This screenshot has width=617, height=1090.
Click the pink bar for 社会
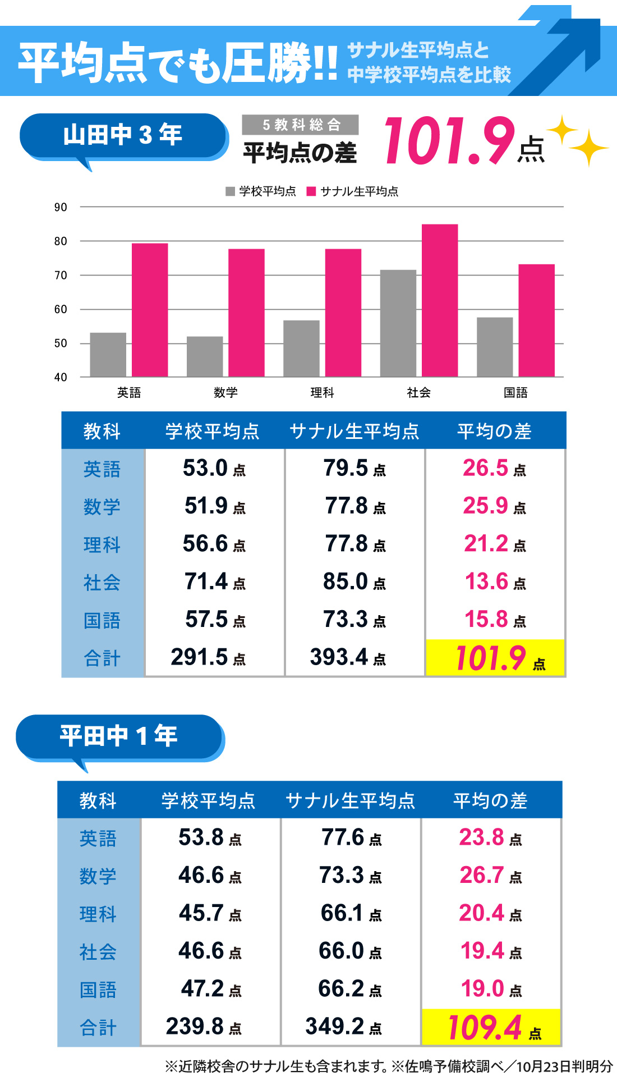point(440,300)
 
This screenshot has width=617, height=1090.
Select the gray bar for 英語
point(108,355)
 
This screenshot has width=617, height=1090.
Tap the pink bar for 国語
point(536,320)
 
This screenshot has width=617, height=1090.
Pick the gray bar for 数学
point(205,356)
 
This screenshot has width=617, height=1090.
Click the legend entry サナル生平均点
point(353,191)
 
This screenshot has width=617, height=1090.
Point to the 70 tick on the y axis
point(61,276)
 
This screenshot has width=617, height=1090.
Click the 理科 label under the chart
point(322,393)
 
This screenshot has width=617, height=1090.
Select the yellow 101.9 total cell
point(495,658)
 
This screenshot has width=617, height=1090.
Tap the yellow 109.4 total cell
point(491,1027)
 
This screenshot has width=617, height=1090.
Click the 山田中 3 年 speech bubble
point(123,136)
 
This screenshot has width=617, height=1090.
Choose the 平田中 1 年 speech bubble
point(119,736)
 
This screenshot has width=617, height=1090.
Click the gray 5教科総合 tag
point(300,125)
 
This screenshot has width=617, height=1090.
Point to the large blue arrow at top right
point(561,51)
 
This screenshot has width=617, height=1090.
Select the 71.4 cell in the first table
point(214,582)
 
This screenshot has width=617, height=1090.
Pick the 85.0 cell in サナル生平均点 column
point(354,582)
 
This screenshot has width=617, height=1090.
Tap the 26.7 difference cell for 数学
point(491,876)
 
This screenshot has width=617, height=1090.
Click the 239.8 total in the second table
point(204,1027)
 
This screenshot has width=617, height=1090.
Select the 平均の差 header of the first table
point(494,431)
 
